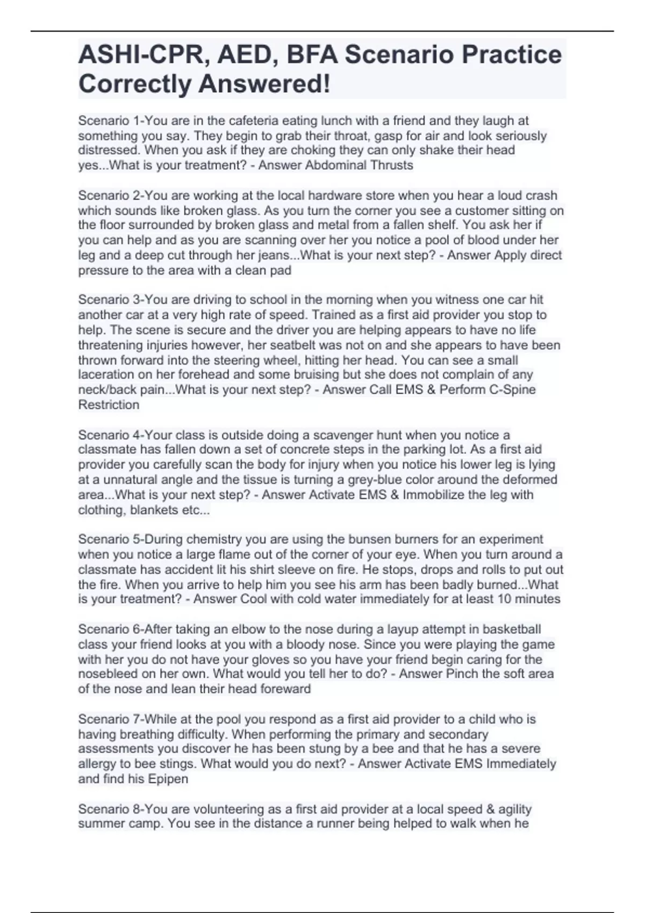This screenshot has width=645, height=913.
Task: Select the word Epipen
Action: [168, 779]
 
